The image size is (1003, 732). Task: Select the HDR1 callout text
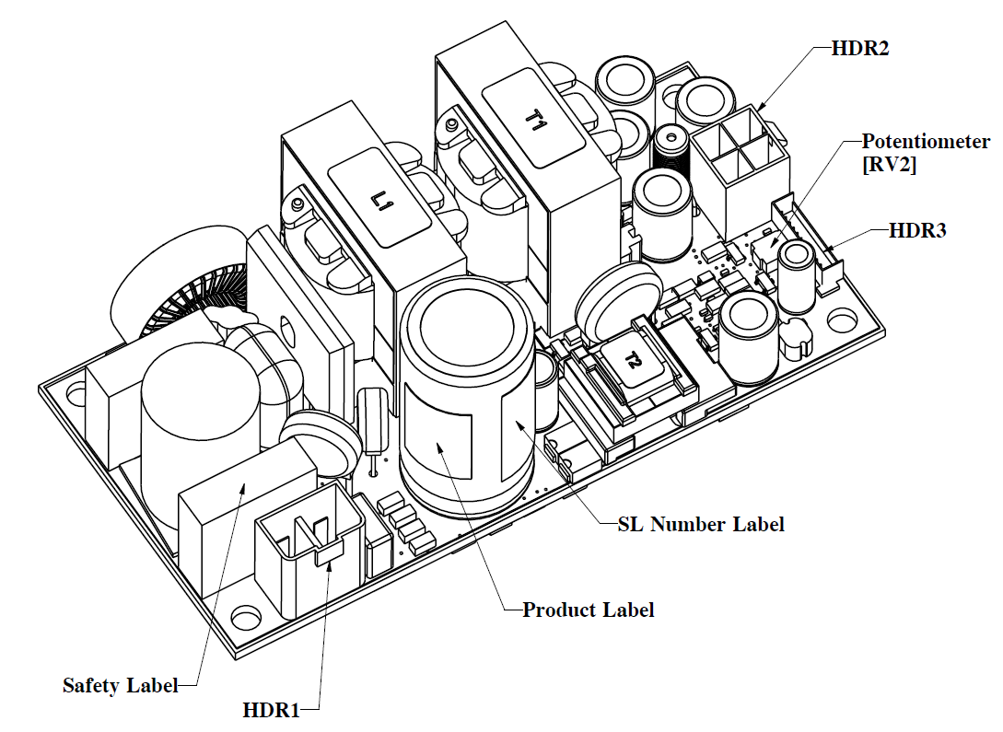point(272,710)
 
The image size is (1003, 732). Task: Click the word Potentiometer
point(926,142)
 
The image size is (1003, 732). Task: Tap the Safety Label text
point(118,684)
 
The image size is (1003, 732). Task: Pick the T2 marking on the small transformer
point(634,363)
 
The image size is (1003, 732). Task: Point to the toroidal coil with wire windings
point(175,295)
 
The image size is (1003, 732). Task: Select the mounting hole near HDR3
point(840,320)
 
